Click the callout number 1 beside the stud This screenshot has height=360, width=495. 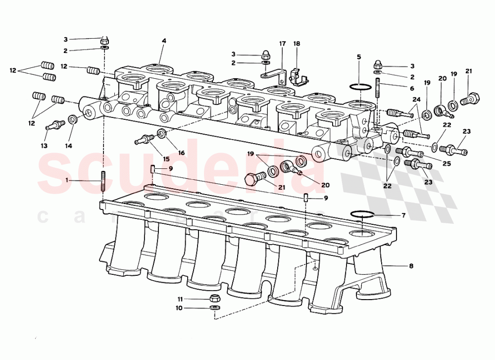(x=66, y=181)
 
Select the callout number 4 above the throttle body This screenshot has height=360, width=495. (x=164, y=42)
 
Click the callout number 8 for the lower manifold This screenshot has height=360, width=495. (x=411, y=265)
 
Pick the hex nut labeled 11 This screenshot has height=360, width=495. (x=215, y=298)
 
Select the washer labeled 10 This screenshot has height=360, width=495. (x=214, y=308)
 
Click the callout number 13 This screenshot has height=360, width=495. (x=44, y=146)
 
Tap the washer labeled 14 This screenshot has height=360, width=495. (x=73, y=119)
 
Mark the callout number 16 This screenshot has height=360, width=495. (x=181, y=153)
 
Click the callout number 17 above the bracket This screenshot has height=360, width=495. (x=282, y=44)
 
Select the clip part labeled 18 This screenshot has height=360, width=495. (x=297, y=76)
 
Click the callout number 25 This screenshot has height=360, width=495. (x=446, y=163)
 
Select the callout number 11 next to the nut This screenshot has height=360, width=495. (x=181, y=299)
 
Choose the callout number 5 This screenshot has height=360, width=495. (x=359, y=56)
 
